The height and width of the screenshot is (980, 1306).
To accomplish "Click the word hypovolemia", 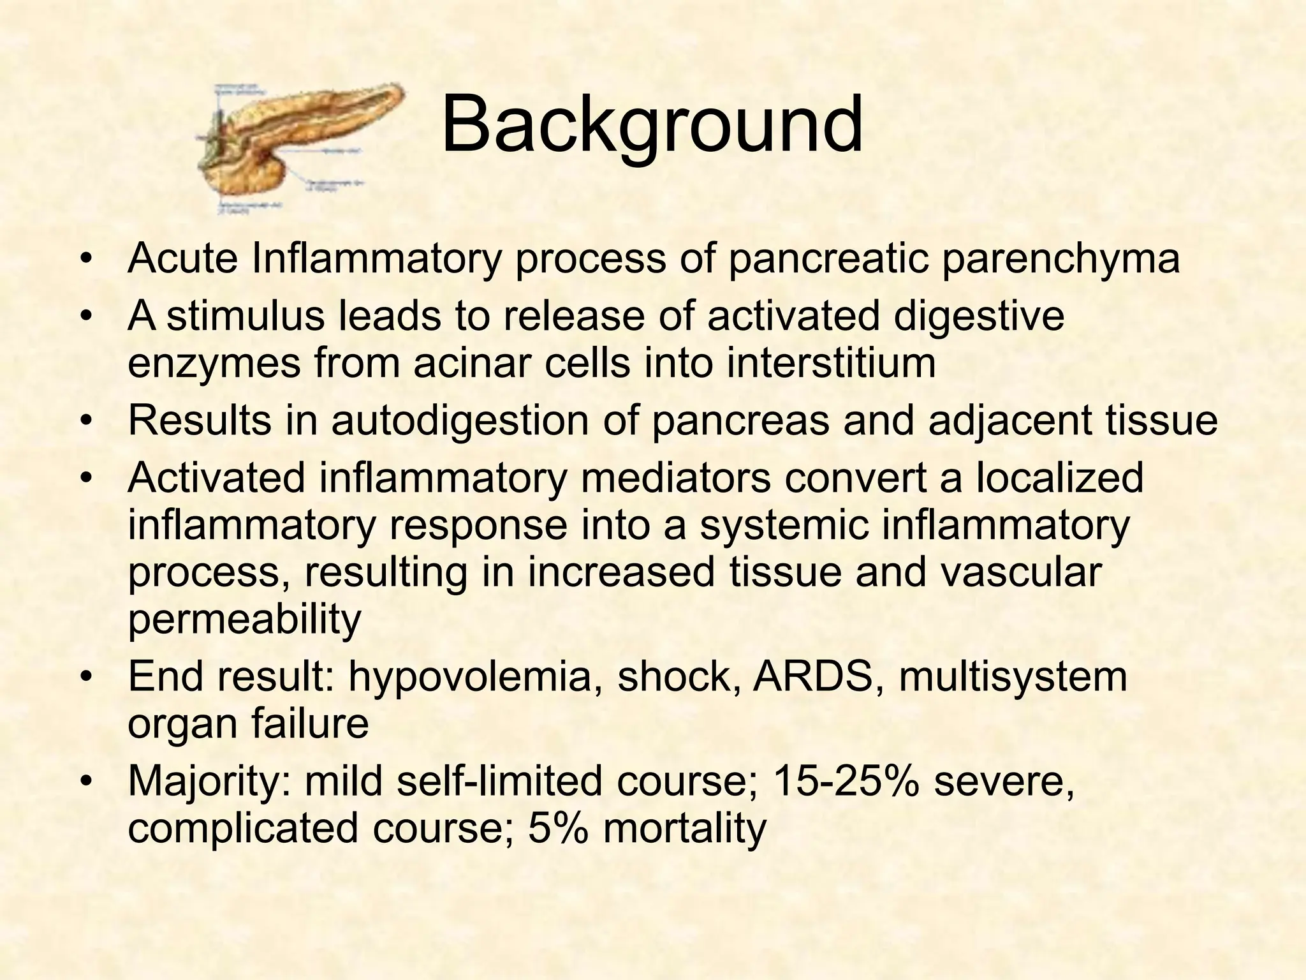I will click(x=476, y=677).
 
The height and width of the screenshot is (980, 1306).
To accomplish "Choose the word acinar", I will click(x=480, y=362).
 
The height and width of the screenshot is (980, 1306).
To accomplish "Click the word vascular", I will click(x=1014, y=572).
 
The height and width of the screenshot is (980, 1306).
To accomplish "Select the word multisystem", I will click(x=1013, y=677).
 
